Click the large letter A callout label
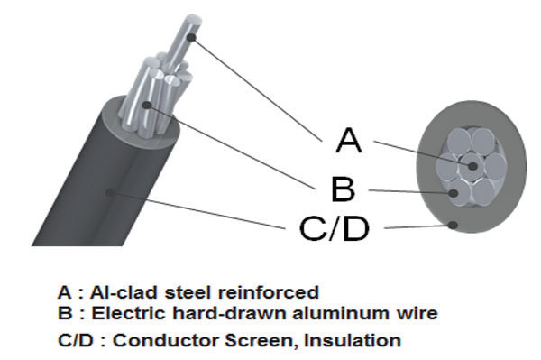click(x=349, y=140)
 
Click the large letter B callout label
click(x=343, y=189)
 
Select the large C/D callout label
click(x=334, y=228)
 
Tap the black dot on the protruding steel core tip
click(x=192, y=37)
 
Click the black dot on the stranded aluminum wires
click(x=147, y=105)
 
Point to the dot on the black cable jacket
click(x=110, y=192)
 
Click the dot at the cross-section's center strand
click(x=472, y=166)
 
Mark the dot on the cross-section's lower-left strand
click(x=454, y=193)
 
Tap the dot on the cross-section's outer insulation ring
click(x=453, y=225)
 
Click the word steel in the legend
click(x=188, y=292)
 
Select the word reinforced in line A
click(x=269, y=293)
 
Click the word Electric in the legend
click(x=129, y=313)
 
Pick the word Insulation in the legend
click(x=353, y=340)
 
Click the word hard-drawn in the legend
click(x=230, y=313)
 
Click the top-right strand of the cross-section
click(x=483, y=141)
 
